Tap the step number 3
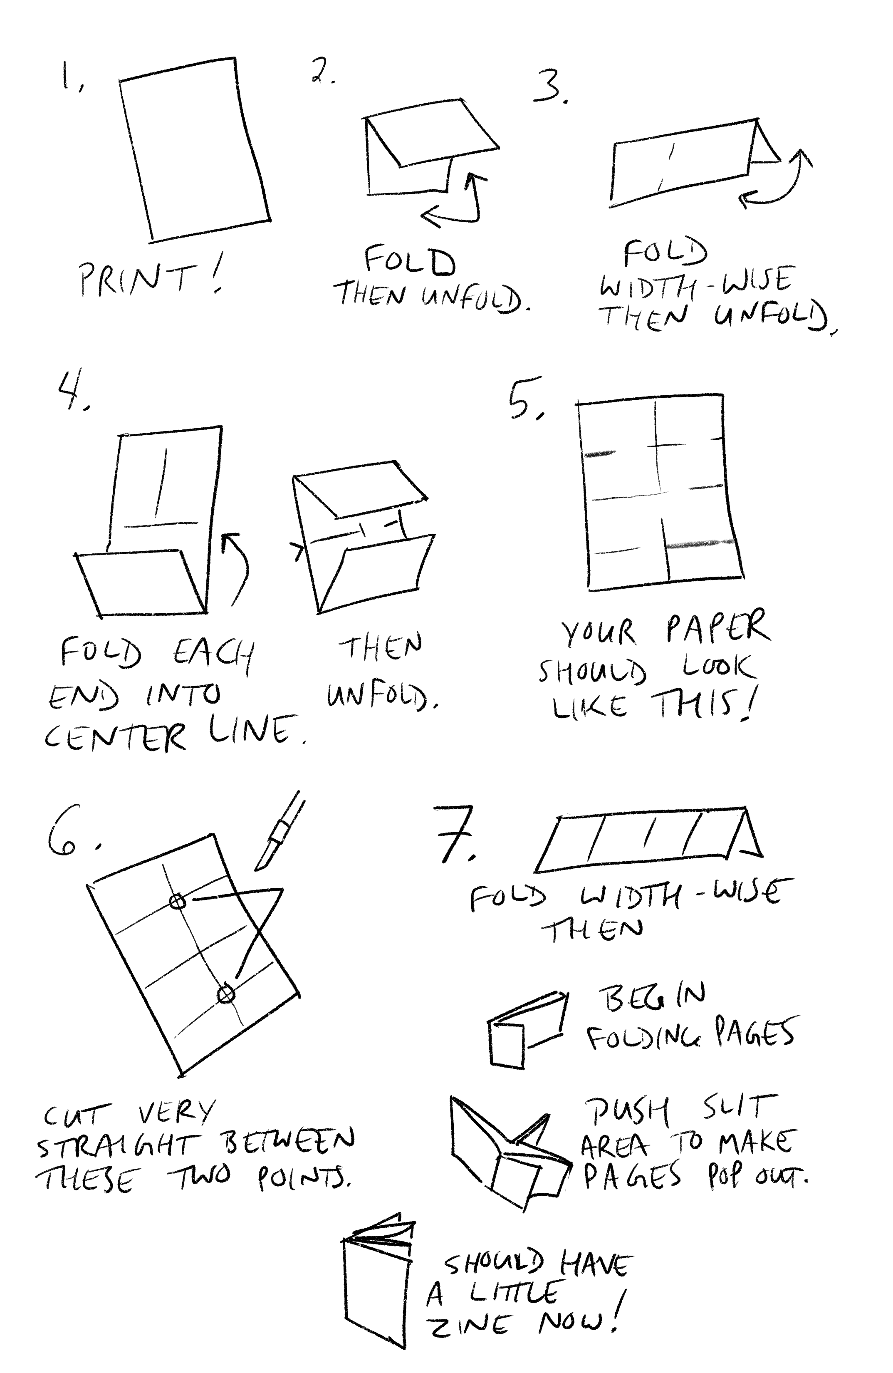click(550, 87)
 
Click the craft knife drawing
click(280, 831)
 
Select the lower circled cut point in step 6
click(226, 994)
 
